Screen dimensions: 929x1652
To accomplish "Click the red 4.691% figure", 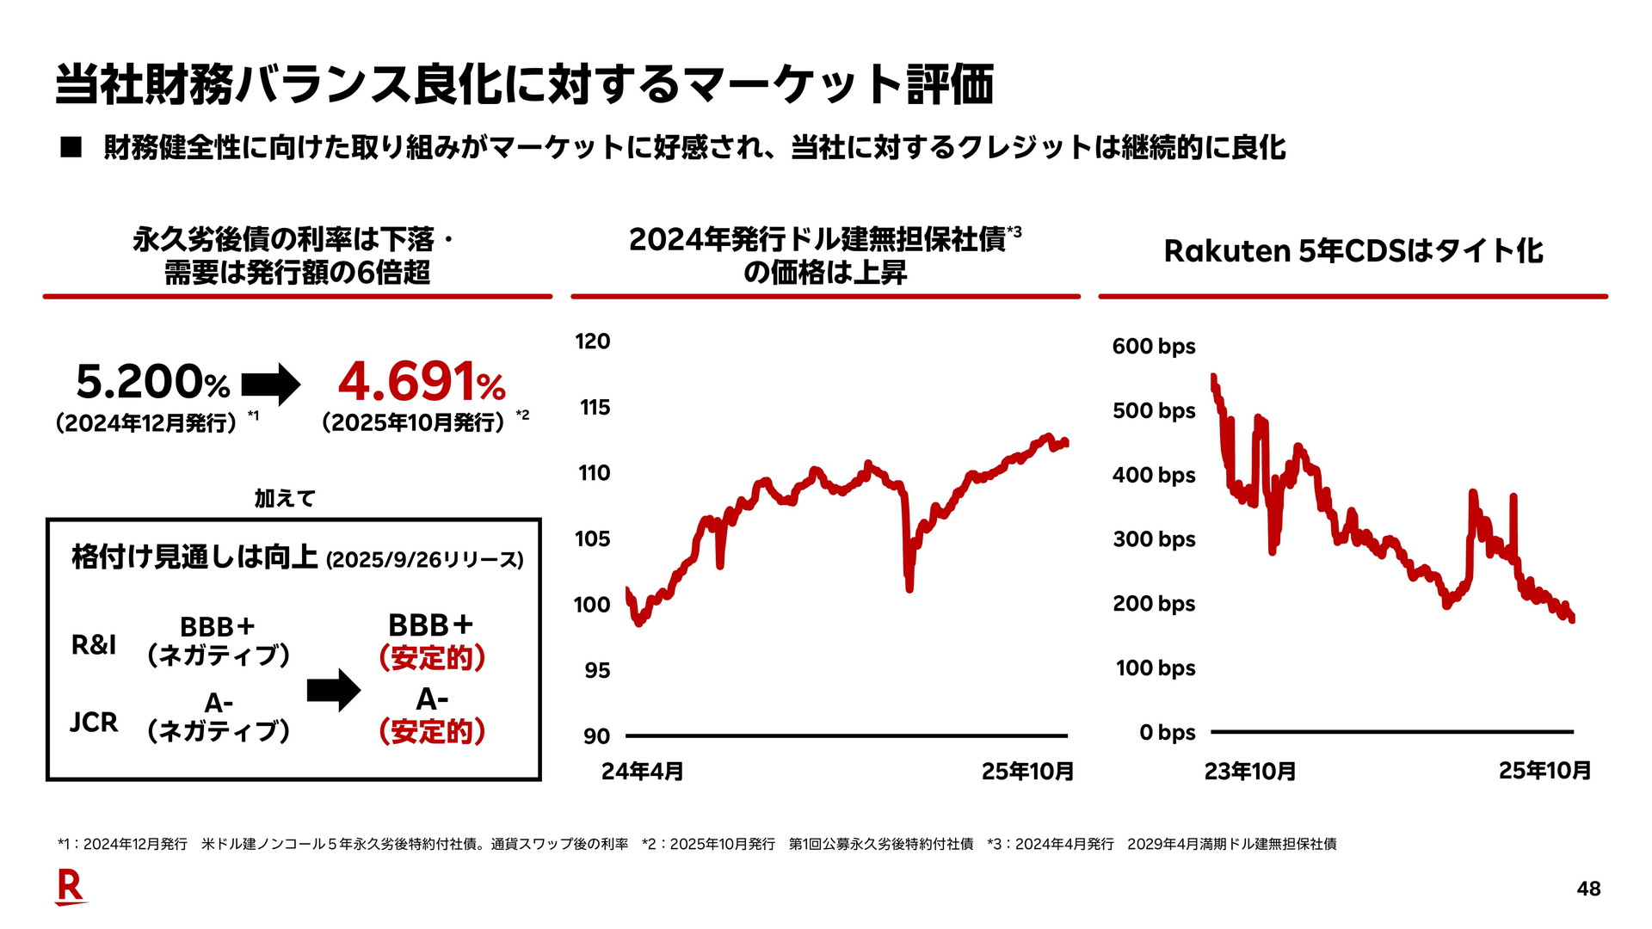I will [421, 383].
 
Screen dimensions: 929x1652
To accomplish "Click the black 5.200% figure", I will [152, 383].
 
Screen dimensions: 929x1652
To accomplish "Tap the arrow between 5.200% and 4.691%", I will [271, 384].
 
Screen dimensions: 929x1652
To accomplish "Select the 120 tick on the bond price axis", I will [592, 341].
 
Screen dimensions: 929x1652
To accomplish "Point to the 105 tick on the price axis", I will [592, 539].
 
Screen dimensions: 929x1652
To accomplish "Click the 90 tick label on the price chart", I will [596, 736].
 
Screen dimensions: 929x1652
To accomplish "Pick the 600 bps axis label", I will [1153, 347].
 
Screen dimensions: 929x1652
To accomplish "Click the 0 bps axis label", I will [1167, 733].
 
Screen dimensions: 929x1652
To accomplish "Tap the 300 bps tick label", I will [1153, 539].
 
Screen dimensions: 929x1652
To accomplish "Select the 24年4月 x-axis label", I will [642, 772].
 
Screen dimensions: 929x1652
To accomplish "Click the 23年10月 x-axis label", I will [1249, 772].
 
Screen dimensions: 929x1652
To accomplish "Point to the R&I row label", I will [93, 644].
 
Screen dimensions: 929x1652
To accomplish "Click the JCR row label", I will [93, 722].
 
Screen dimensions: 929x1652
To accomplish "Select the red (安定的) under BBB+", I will [432, 658].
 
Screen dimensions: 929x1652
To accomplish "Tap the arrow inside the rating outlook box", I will [334, 690].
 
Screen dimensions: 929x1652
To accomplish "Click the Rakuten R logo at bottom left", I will [70, 887].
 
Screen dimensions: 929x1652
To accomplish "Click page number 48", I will [1588, 889].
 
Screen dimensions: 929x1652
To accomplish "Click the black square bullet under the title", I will [71, 148].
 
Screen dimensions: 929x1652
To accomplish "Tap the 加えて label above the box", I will [285, 498].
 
